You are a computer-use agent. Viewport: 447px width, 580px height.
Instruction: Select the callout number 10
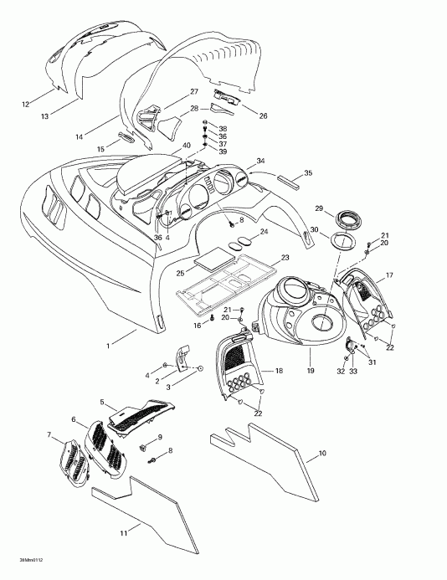click(x=323, y=455)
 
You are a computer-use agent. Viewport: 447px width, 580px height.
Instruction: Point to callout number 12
click(x=25, y=104)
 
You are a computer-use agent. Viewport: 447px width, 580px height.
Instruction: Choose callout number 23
click(x=285, y=258)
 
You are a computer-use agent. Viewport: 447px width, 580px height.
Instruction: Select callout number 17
click(x=388, y=275)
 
